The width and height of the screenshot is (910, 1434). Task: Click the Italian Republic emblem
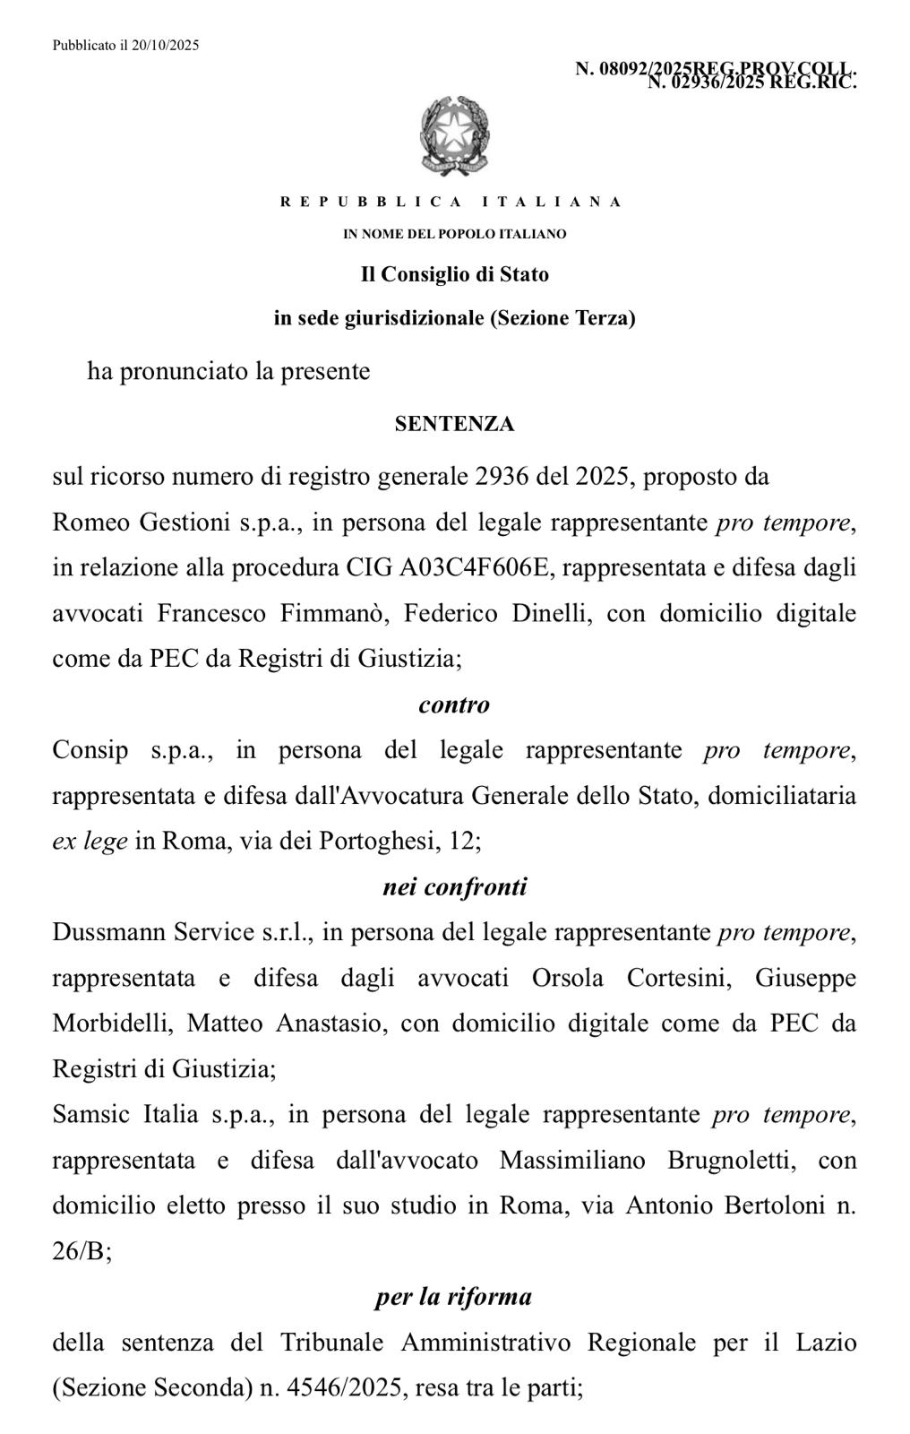[x=454, y=138]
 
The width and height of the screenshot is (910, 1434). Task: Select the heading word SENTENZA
[x=454, y=425]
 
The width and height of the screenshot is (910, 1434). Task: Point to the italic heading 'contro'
[x=454, y=705]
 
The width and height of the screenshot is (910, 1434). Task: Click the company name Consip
[x=90, y=750]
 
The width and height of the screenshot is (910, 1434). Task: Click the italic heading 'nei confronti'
[x=454, y=887]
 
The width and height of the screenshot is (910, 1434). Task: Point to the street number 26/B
[x=82, y=1252]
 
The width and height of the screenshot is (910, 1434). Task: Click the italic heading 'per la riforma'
[x=454, y=1297]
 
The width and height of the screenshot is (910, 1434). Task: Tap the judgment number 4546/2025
[x=350, y=1389]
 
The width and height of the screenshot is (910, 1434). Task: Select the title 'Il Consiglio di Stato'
[x=454, y=274]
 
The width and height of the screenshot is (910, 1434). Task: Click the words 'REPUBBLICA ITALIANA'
[x=451, y=202]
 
